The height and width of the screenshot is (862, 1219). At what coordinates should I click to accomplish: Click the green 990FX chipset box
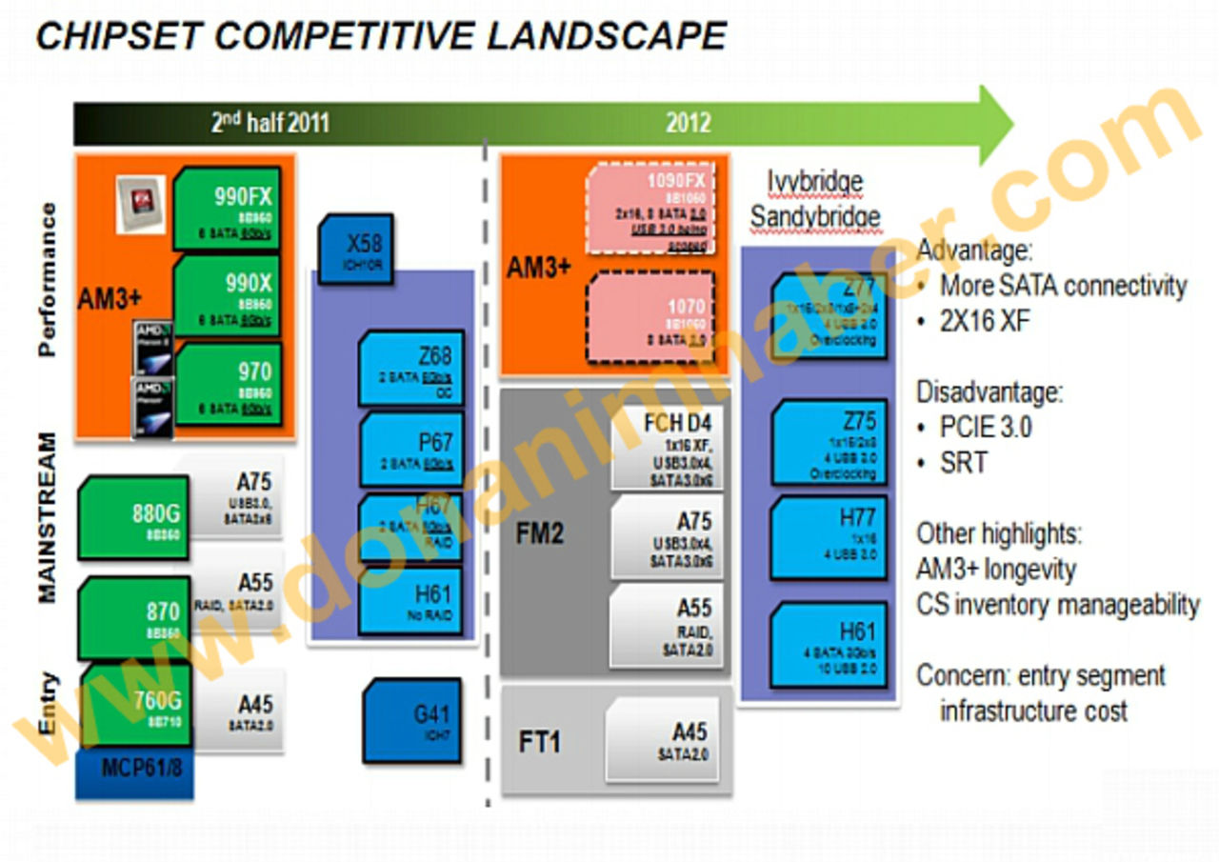pos(227,209)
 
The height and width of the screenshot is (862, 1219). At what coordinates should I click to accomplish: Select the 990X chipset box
pos(227,295)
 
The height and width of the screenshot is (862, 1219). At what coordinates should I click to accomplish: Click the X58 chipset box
pos(355,248)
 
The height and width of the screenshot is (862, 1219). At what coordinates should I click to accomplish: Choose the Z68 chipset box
pos(411,368)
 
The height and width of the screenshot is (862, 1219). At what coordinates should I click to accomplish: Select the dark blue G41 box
pos(411,721)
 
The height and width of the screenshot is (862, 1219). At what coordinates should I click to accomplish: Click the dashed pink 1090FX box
pos(651,210)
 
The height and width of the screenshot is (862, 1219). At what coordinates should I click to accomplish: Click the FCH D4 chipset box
pos(667,443)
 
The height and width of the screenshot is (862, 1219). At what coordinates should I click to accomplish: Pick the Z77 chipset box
pos(829,314)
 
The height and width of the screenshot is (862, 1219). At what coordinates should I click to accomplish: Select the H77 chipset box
pos(829,538)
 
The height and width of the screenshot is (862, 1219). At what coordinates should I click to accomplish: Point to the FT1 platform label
pos(539,740)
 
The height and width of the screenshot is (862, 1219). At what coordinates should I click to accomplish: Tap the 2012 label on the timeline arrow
pos(689,123)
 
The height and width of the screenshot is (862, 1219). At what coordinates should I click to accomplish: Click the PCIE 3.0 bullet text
pos(986,427)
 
